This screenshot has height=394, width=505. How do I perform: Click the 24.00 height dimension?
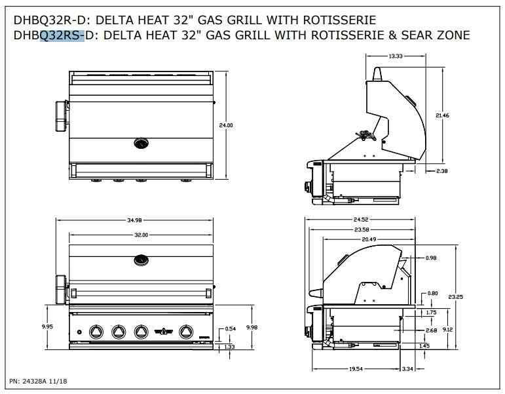(226, 125)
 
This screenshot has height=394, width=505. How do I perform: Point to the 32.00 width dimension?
(141, 235)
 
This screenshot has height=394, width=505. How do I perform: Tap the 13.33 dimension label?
(395, 56)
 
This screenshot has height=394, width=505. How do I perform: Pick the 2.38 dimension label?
(442, 171)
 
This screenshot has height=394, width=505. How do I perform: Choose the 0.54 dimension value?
(230, 328)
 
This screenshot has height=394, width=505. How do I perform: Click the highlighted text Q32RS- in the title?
(62, 35)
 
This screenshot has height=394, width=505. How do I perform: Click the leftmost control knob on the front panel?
(96, 332)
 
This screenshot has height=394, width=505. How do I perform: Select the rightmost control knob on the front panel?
(186, 332)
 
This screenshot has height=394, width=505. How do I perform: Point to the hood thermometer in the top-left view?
(141, 143)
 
